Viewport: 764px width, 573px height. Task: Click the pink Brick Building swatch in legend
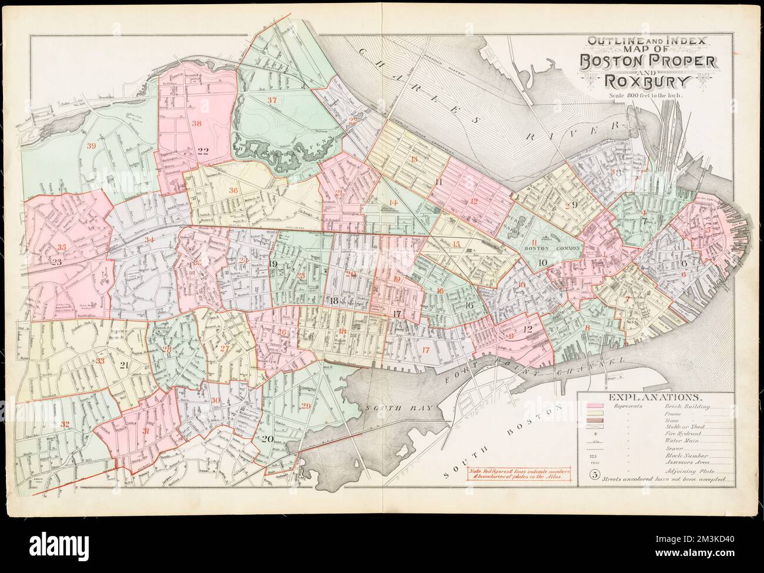pos(596,407)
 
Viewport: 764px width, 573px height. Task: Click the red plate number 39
pos(90,146)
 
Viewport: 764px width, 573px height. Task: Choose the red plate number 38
pos(196,124)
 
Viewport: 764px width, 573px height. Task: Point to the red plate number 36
pos(234,190)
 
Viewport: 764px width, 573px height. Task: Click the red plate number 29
pos(305,407)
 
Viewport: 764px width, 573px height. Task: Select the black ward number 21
pos(124,366)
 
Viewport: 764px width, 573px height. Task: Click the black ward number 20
pos(268,439)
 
